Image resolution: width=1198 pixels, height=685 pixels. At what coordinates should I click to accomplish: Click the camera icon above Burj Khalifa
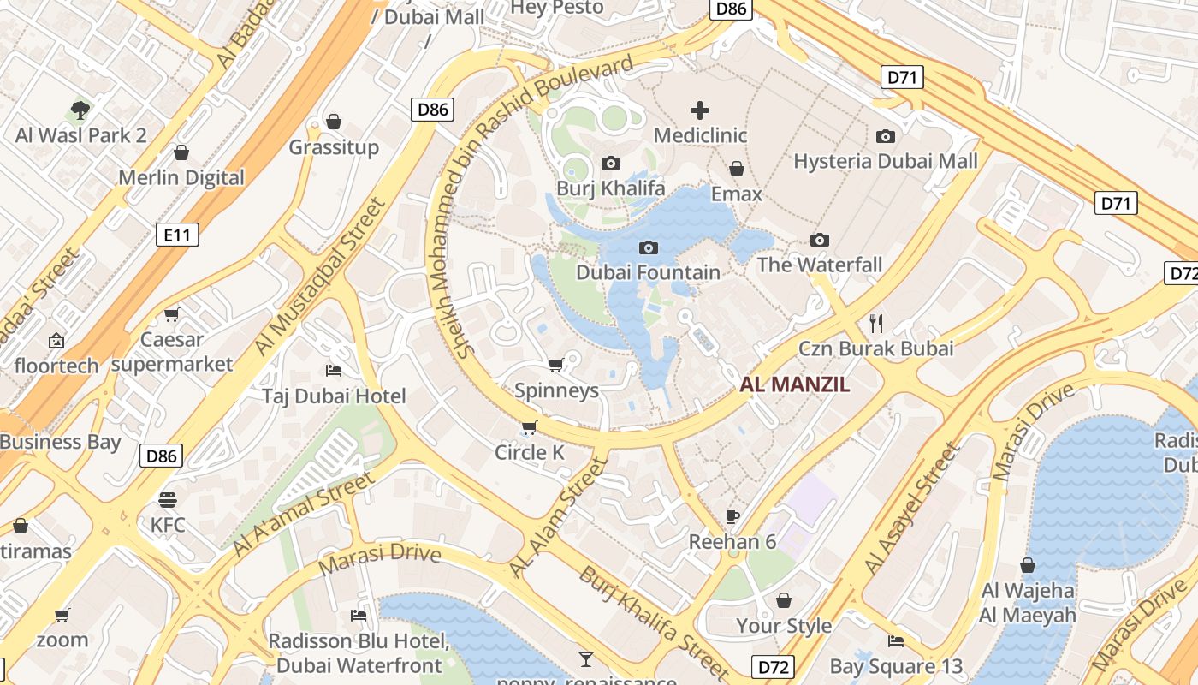[610, 163]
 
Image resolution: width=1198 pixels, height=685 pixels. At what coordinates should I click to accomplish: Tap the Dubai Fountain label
[648, 272]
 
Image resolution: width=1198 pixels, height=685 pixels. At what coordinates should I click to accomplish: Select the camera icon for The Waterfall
[820, 240]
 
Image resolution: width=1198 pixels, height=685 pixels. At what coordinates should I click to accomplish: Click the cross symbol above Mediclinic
[700, 110]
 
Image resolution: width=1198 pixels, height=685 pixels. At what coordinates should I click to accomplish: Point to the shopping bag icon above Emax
[736, 169]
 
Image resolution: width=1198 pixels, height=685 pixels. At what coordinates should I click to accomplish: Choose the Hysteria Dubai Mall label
[885, 161]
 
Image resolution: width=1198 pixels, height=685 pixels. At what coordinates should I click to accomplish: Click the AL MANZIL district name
[795, 384]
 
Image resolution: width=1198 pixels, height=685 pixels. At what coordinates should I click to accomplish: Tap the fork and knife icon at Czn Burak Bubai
[875, 323]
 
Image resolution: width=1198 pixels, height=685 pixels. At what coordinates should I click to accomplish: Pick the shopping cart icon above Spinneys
[555, 366]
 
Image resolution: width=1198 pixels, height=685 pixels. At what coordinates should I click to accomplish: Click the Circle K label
[530, 452]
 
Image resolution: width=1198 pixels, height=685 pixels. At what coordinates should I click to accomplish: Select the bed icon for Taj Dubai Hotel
[334, 371]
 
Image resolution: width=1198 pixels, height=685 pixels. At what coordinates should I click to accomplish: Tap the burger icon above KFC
[168, 499]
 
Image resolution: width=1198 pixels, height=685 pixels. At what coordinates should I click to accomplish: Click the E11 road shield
[177, 234]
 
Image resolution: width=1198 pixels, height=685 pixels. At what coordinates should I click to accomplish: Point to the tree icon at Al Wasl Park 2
[80, 110]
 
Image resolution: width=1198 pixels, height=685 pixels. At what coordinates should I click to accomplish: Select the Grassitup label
[333, 147]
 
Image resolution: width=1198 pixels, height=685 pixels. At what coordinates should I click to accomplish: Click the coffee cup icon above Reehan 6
[732, 515]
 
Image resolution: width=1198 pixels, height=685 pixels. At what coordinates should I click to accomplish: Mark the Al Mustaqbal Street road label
[321, 277]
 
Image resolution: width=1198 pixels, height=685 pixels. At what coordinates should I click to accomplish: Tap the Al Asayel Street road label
[912, 509]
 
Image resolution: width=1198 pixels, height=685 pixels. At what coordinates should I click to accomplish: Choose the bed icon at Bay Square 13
[896, 640]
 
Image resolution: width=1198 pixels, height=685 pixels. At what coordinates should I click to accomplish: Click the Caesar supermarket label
[171, 352]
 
